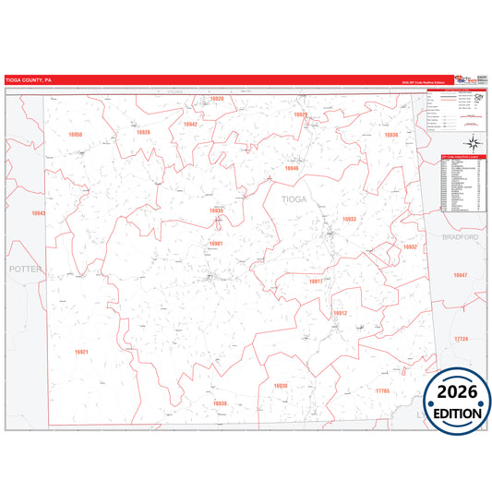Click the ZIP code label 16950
pyautogui.click(x=76, y=135)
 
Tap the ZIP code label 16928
pyautogui.click(x=143, y=132)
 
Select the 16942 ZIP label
pyautogui.click(x=190, y=123)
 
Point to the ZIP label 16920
pyautogui.click(x=217, y=98)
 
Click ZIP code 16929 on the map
pyautogui.click(x=300, y=114)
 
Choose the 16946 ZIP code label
pyautogui.click(x=292, y=168)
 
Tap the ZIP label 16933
pyautogui.click(x=349, y=219)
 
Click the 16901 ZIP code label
pyautogui.click(x=215, y=243)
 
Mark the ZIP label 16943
pyautogui.click(x=38, y=213)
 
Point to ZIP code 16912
pyautogui.click(x=340, y=313)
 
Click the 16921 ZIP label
pyautogui.click(x=81, y=352)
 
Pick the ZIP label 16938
pyautogui.click(x=220, y=403)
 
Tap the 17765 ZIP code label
pyautogui.click(x=383, y=390)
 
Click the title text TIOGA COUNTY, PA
pyautogui.click(x=29, y=79)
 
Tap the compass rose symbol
pyautogui.click(x=473, y=140)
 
